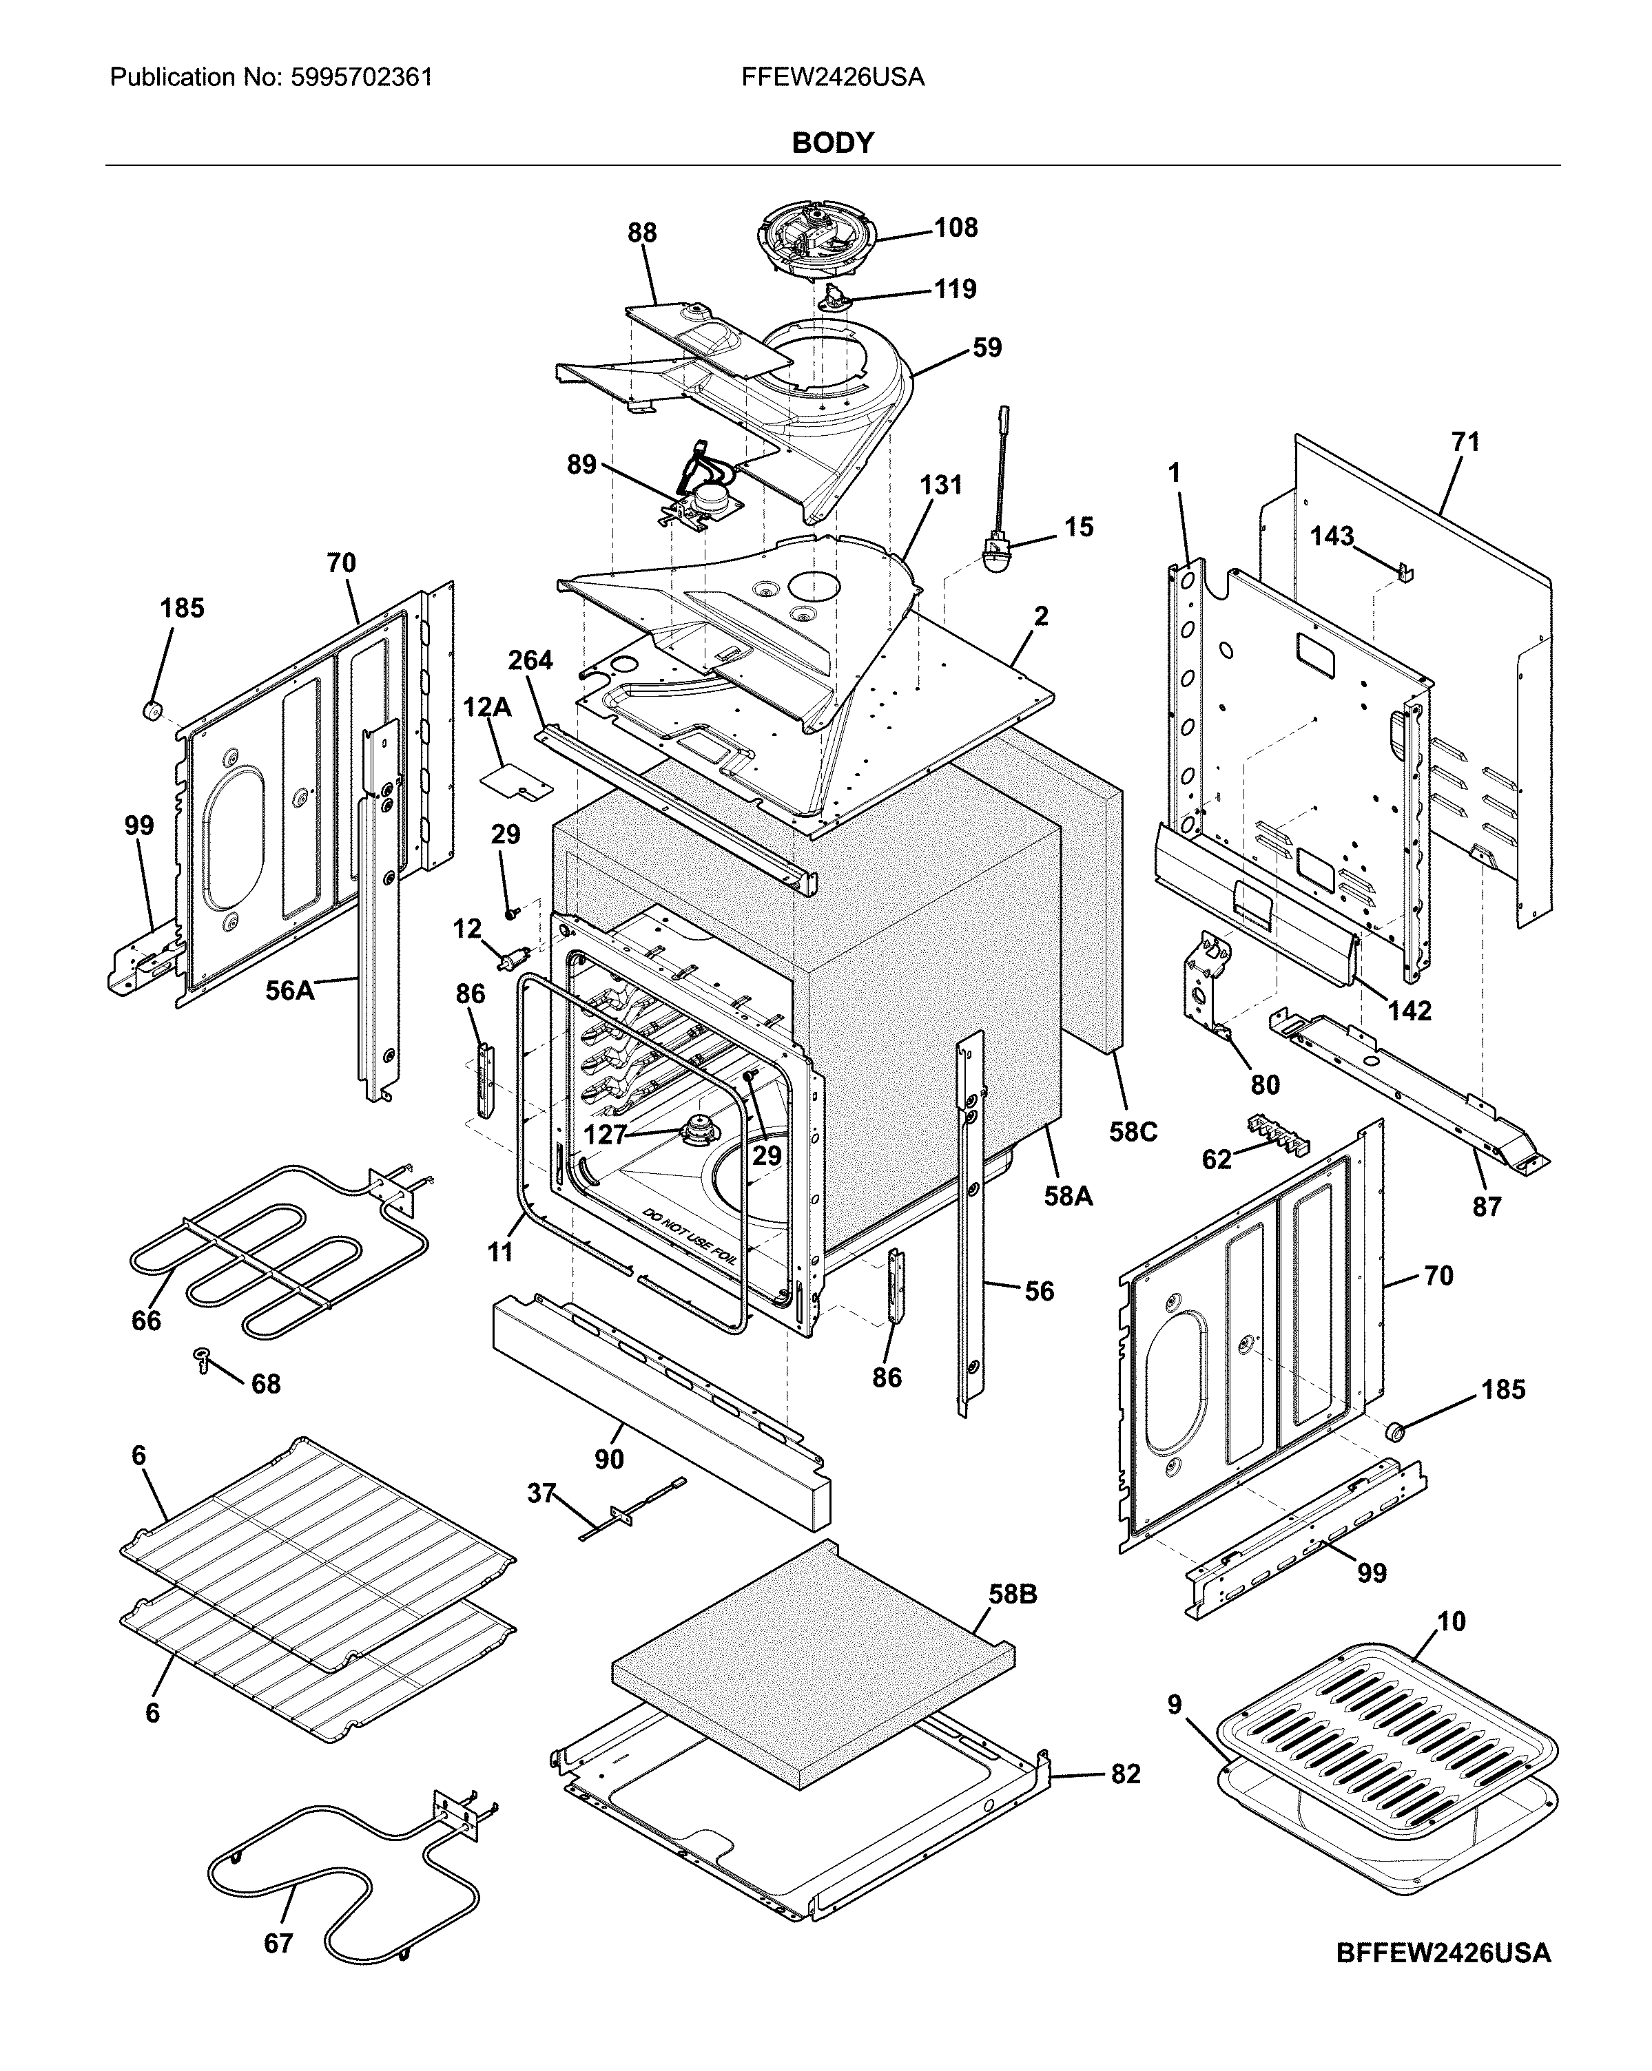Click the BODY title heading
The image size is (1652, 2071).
click(x=832, y=143)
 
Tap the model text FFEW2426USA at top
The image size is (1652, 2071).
click(x=832, y=78)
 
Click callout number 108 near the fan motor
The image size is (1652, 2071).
click(x=956, y=228)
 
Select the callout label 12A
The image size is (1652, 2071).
click(x=486, y=708)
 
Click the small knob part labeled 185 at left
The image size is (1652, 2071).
click(x=151, y=711)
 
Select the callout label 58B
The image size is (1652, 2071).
click(x=1012, y=1595)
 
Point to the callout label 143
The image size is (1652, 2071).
click(x=1332, y=536)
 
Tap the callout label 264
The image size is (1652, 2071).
click(x=530, y=661)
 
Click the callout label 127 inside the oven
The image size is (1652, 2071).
click(x=604, y=1135)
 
